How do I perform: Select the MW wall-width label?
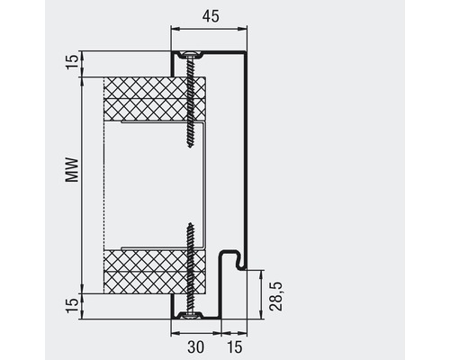(70, 170)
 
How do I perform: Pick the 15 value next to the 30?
(234, 346)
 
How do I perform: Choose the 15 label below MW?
(71, 306)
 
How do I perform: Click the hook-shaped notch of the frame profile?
(237, 262)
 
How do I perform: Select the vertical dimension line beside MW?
(82, 180)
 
